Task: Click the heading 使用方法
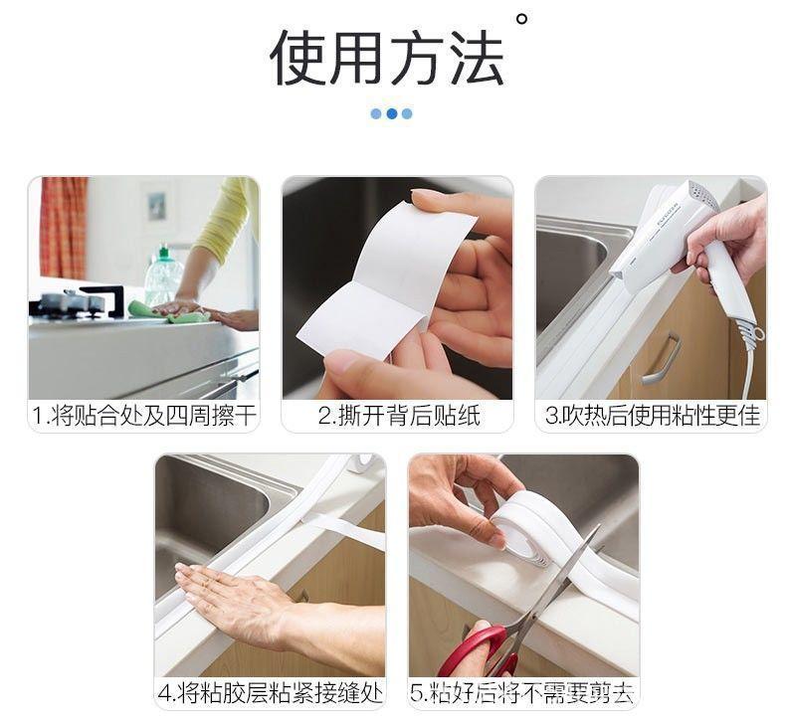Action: (386, 58)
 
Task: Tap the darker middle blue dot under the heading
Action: (392, 113)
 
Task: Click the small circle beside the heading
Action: (521, 19)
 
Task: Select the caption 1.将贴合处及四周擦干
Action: (144, 416)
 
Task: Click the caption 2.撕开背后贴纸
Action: (399, 416)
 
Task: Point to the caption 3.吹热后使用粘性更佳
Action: (652, 416)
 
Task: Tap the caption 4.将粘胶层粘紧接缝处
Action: (271, 693)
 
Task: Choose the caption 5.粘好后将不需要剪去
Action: (521, 693)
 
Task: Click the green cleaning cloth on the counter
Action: (168, 311)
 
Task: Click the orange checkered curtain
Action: (64, 228)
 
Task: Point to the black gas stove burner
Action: (77, 302)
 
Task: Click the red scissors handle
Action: (482, 651)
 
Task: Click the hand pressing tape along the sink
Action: (236, 596)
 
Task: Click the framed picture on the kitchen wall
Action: (157, 204)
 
